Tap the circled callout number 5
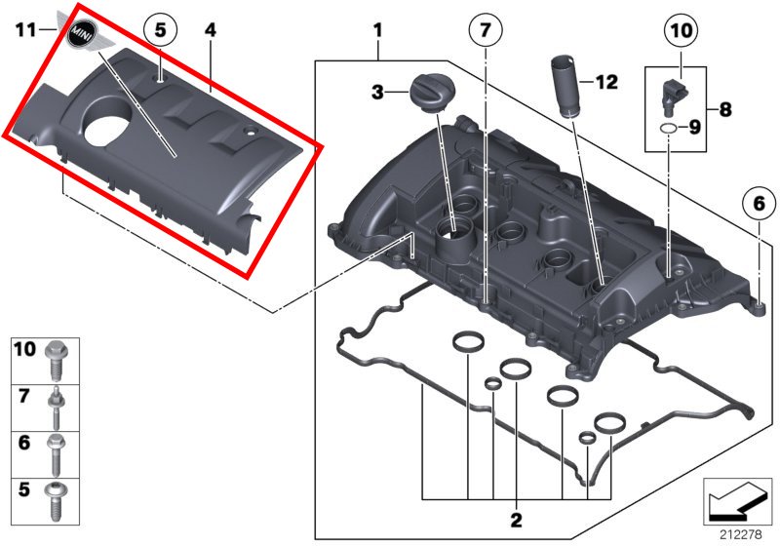(160, 30)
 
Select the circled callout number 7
(485, 31)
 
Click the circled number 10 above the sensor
(681, 31)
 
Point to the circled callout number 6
(759, 203)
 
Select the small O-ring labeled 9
(668, 129)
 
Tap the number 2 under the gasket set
(517, 520)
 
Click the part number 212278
(741, 534)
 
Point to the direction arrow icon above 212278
(737, 501)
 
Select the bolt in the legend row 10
(57, 361)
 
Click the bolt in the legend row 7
(56, 409)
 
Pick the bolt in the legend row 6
(56, 455)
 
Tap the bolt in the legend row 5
(56, 502)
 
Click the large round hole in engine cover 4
(108, 126)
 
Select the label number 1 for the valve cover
(377, 30)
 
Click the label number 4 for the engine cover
(211, 30)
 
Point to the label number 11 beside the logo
(25, 30)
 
